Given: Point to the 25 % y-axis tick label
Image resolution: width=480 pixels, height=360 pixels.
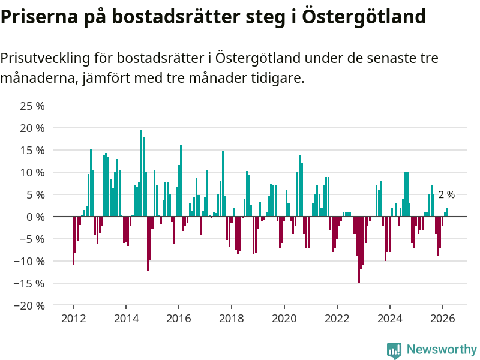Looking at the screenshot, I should [x=32, y=106].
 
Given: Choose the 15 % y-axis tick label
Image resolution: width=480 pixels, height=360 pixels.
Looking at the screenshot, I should [x=32, y=150].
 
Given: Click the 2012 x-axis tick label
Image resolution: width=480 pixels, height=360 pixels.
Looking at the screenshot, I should [x=73, y=319].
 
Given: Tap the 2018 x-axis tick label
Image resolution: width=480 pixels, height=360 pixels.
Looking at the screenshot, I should [x=232, y=319].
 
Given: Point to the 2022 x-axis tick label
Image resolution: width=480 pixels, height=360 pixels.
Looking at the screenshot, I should [x=337, y=319].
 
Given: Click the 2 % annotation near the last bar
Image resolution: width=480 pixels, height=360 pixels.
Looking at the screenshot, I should [x=446, y=195].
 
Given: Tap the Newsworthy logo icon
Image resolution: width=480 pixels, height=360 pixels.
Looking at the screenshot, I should [x=394, y=350].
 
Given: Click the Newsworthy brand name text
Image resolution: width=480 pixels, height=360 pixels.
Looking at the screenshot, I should [x=442, y=350].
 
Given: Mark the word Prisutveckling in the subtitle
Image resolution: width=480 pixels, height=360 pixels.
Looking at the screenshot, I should [x=45, y=59].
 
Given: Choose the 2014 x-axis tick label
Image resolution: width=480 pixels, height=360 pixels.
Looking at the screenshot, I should [x=126, y=319].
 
